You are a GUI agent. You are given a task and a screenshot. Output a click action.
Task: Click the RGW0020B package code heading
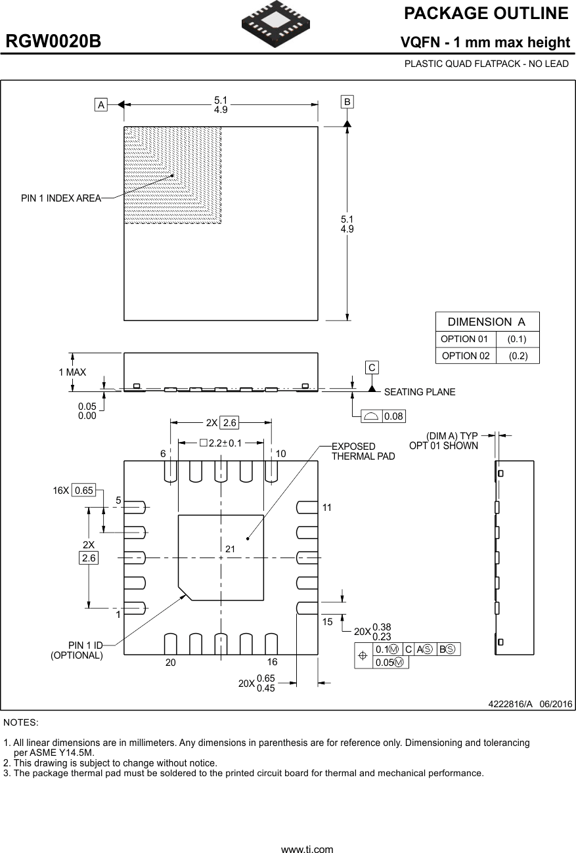(54, 42)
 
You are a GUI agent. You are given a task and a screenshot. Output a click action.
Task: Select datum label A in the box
(101, 104)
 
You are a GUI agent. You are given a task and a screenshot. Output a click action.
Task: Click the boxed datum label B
(347, 102)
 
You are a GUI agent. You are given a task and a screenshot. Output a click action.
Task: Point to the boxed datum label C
(372, 368)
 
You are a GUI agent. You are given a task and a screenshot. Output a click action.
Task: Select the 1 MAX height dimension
(72, 372)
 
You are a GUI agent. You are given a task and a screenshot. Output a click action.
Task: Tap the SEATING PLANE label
(419, 392)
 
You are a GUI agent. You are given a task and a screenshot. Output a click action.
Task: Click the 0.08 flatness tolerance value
(394, 416)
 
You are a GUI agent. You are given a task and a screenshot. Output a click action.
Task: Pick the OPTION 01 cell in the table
(464, 339)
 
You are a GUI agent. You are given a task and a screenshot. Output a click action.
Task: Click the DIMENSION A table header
(487, 322)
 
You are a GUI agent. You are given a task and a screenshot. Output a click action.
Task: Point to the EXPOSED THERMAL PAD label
(363, 451)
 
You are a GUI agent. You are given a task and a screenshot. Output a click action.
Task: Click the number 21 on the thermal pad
(230, 548)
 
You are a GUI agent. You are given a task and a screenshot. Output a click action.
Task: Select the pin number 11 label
(327, 508)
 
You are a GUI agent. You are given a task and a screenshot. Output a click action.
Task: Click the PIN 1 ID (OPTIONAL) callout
(78, 650)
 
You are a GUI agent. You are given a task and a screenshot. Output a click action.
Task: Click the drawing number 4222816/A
(510, 704)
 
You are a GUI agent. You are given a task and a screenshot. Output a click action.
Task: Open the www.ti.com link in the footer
(307, 849)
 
